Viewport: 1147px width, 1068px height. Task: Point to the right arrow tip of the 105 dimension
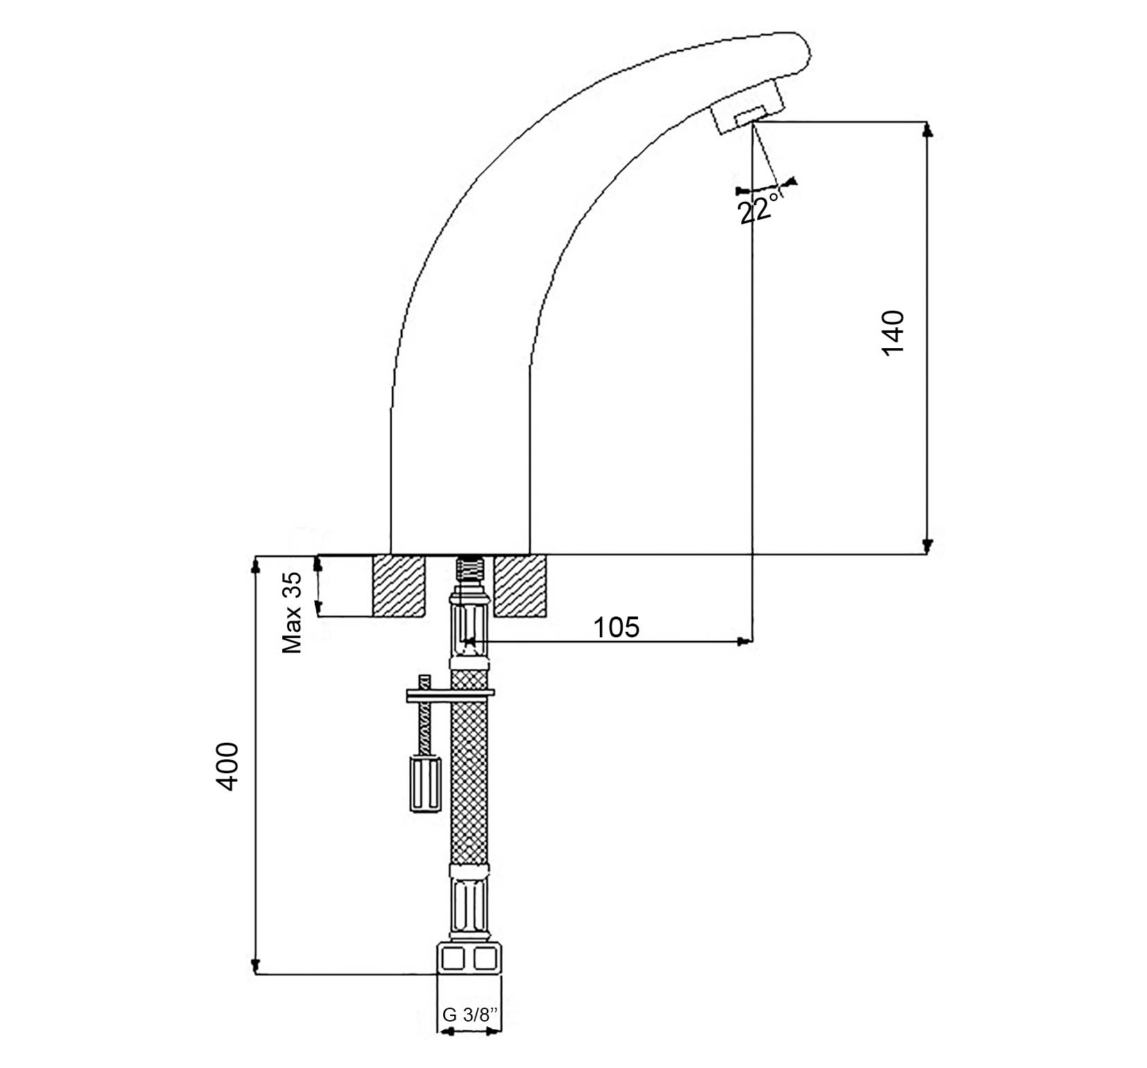(x=746, y=641)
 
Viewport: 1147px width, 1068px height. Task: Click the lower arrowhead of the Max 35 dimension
(x=318, y=609)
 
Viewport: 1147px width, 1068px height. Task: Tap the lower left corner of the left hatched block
(x=374, y=616)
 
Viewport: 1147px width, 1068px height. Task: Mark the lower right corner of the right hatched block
(x=545, y=616)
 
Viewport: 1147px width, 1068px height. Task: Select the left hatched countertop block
(x=399, y=585)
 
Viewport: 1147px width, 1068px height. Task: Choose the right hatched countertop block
(x=519, y=585)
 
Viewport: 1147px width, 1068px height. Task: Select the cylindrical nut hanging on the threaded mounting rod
(x=425, y=784)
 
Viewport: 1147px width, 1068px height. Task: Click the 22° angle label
(x=756, y=209)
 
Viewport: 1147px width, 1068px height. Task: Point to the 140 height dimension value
(x=893, y=332)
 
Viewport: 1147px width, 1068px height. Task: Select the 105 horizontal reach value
(x=616, y=627)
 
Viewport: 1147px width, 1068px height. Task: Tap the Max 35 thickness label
(x=292, y=612)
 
